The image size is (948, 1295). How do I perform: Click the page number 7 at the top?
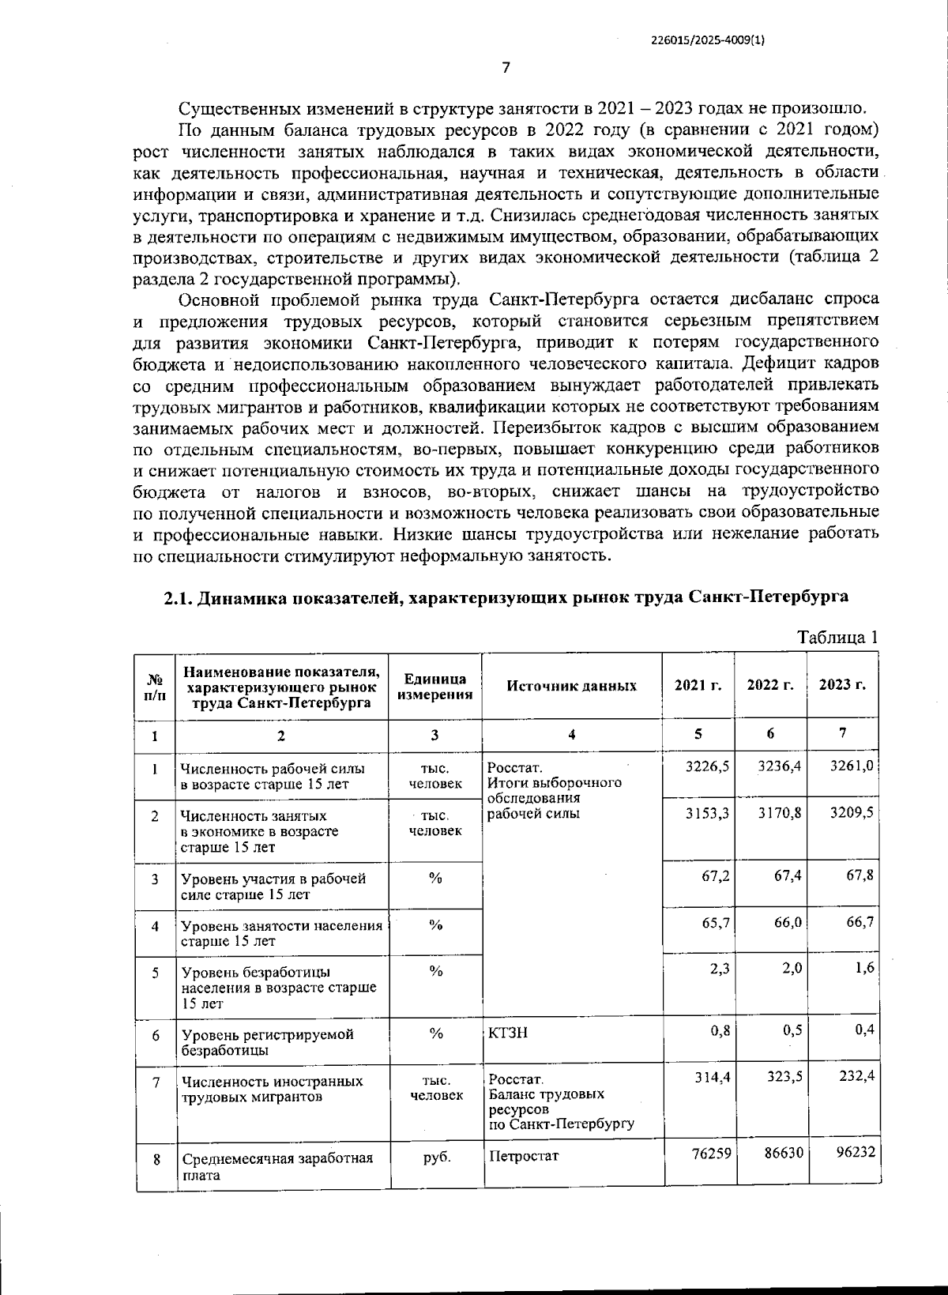point(506,67)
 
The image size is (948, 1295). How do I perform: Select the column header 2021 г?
point(698,685)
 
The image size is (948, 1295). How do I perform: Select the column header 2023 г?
point(842,685)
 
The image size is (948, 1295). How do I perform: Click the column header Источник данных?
point(571,686)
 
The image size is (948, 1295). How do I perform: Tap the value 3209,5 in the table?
point(851,812)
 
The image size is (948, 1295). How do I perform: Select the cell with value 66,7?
point(858,922)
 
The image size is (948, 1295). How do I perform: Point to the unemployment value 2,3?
point(719,969)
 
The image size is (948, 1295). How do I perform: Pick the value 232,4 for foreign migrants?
point(854,1077)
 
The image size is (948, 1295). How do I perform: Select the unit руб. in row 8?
point(436,1157)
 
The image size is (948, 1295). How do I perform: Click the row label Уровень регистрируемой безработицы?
point(267,1042)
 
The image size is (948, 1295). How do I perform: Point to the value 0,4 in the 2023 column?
point(864,1030)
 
